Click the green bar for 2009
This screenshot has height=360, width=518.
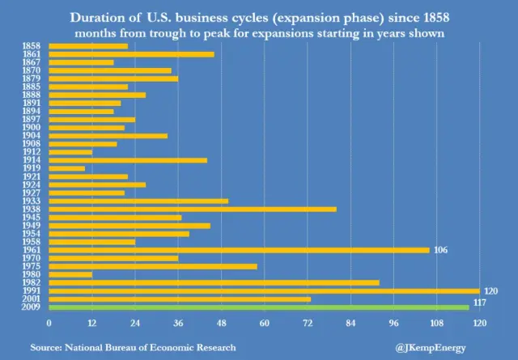pyautogui.click(x=259, y=307)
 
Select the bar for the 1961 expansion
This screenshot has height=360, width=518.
pyautogui.click(x=239, y=250)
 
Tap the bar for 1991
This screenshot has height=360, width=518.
pyautogui.click(x=264, y=290)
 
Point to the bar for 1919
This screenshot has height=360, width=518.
pyautogui.click(x=66, y=168)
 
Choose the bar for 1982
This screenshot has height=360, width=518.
pyautogui.click(x=214, y=282)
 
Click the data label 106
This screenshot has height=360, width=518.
pyautogui.click(x=441, y=250)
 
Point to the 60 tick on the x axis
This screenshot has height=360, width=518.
pyautogui.click(x=264, y=324)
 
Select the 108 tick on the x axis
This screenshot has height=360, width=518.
pyautogui.click(x=436, y=324)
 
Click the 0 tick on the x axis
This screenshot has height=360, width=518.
pyautogui.click(x=49, y=324)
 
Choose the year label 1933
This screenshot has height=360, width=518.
pyautogui.click(x=33, y=201)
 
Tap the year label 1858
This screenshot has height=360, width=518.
pyautogui.click(x=33, y=46)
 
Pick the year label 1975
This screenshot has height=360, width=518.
pyautogui.click(x=33, y=266)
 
